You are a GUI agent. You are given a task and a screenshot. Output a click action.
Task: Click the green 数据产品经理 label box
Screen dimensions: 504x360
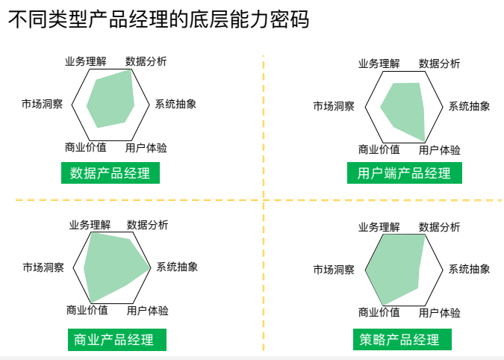tap(110, 174)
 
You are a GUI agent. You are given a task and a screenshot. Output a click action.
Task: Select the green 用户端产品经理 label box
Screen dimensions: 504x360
tap(404, 174)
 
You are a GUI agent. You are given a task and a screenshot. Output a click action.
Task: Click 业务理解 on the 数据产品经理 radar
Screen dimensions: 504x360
tap(86, 61)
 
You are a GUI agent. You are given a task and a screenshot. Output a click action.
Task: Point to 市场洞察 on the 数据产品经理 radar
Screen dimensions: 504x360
tap(42, 104)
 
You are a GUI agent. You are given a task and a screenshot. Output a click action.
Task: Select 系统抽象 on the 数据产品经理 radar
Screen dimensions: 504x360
tap(175, 104)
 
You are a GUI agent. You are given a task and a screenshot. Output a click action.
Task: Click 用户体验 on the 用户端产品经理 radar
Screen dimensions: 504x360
tap(439, 150)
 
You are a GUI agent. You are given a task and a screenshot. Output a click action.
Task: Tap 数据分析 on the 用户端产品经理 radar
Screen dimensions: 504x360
tap(439, 63)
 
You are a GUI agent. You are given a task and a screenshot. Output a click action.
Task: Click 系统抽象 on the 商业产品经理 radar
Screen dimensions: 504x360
tap(177, 267)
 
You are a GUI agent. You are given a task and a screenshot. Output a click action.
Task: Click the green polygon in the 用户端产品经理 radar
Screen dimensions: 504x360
tap(407, 108)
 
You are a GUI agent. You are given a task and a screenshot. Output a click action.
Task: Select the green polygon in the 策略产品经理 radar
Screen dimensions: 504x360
tap(396, 269)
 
